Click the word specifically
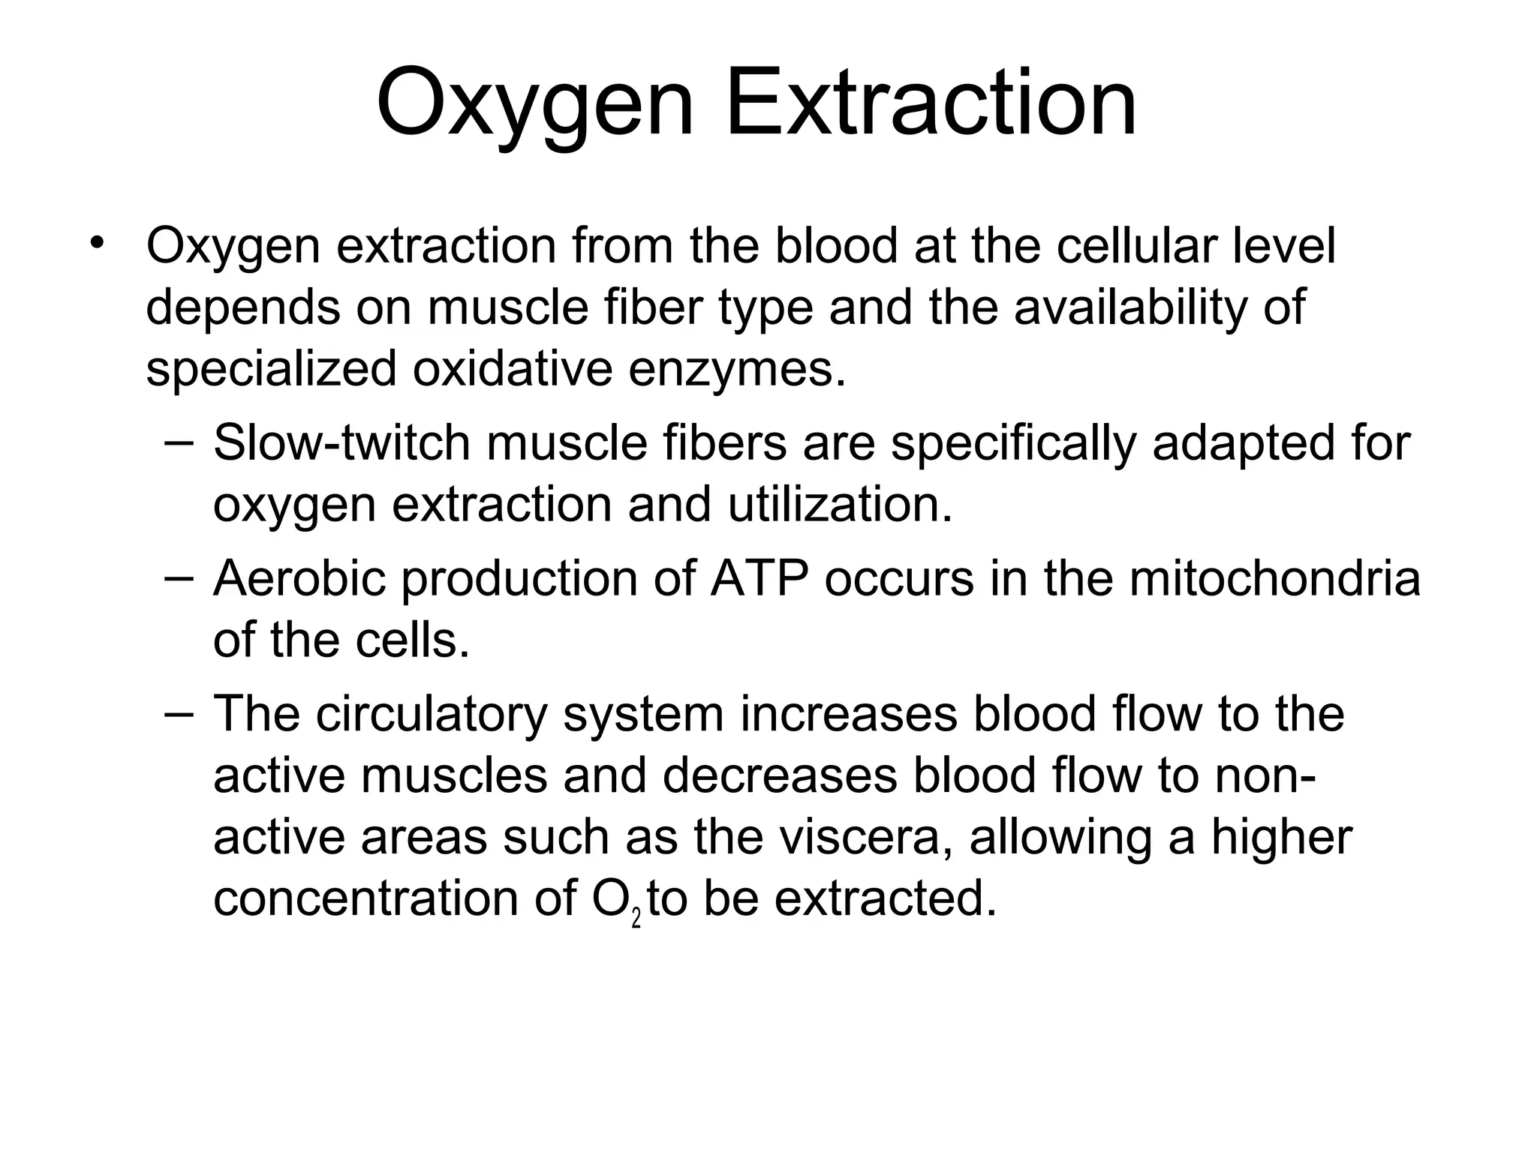pos(1013,444)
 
